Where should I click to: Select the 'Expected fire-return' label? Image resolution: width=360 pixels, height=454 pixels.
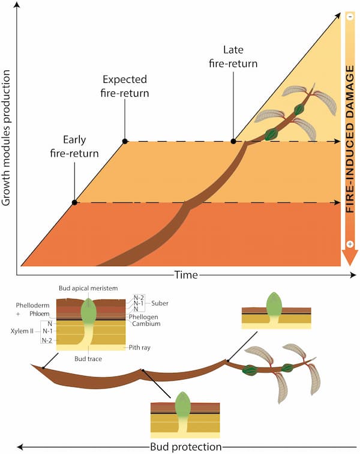coord(125,86)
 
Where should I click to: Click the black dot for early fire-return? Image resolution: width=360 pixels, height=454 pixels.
coord(74,202)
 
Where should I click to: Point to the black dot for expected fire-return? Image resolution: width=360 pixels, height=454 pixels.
coord(125,141)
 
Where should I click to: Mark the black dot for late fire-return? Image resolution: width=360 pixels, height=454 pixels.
coord(233,141)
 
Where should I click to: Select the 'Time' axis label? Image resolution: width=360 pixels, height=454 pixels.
coord(186,275)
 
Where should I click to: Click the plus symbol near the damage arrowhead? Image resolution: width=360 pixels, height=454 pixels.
coord(350,244)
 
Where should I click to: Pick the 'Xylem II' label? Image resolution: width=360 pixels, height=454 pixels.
coord(22,331)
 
